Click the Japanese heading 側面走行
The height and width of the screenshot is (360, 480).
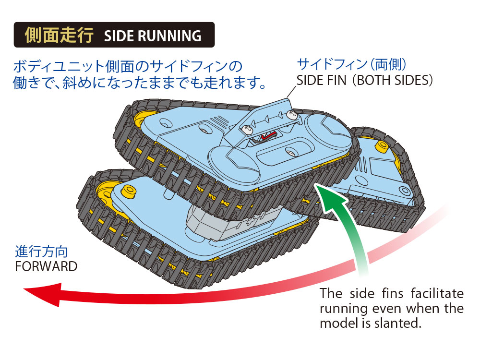pyautogui.click(x=59, y=36)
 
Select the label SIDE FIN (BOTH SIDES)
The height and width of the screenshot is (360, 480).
pyautogui.click(x=365, y=80)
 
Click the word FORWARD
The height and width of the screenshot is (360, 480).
pyautogui.click(x=46, y=266)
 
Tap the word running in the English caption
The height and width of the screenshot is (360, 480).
pyautogui.click(x=341, y=308)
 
